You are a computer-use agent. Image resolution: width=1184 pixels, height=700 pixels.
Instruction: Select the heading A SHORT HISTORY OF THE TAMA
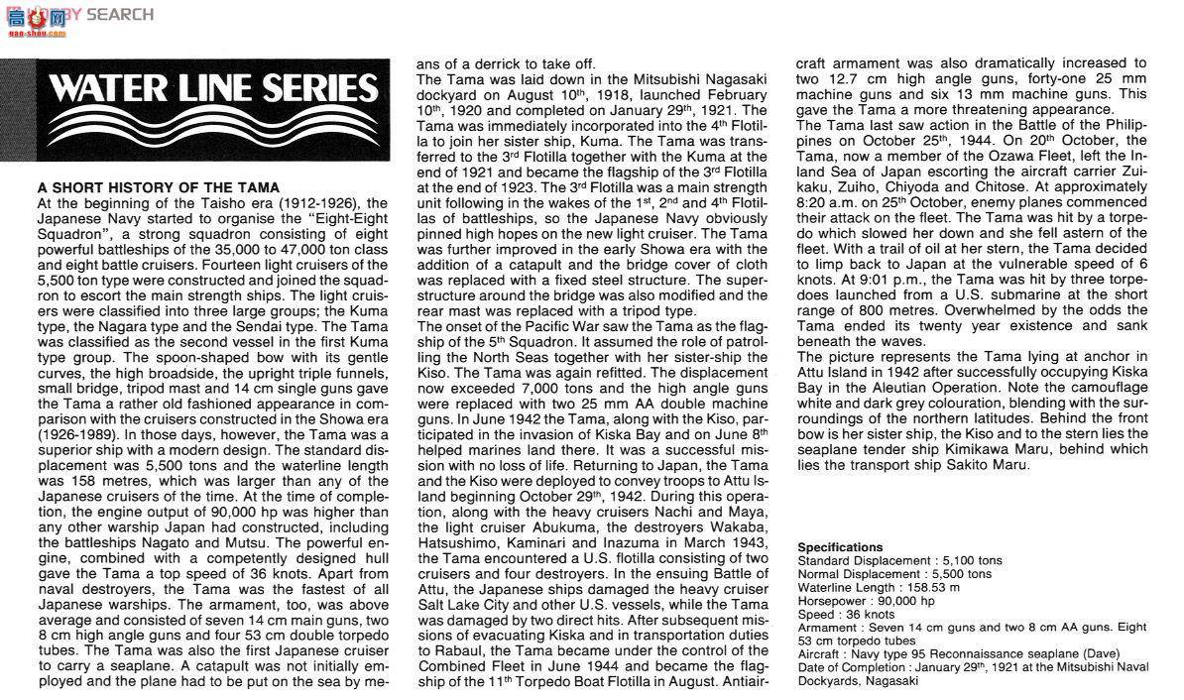(159, 187)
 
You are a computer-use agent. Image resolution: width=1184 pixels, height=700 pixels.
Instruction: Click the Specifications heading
(840, 547)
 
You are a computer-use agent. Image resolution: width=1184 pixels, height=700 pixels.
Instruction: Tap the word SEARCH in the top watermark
(120, 14)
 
